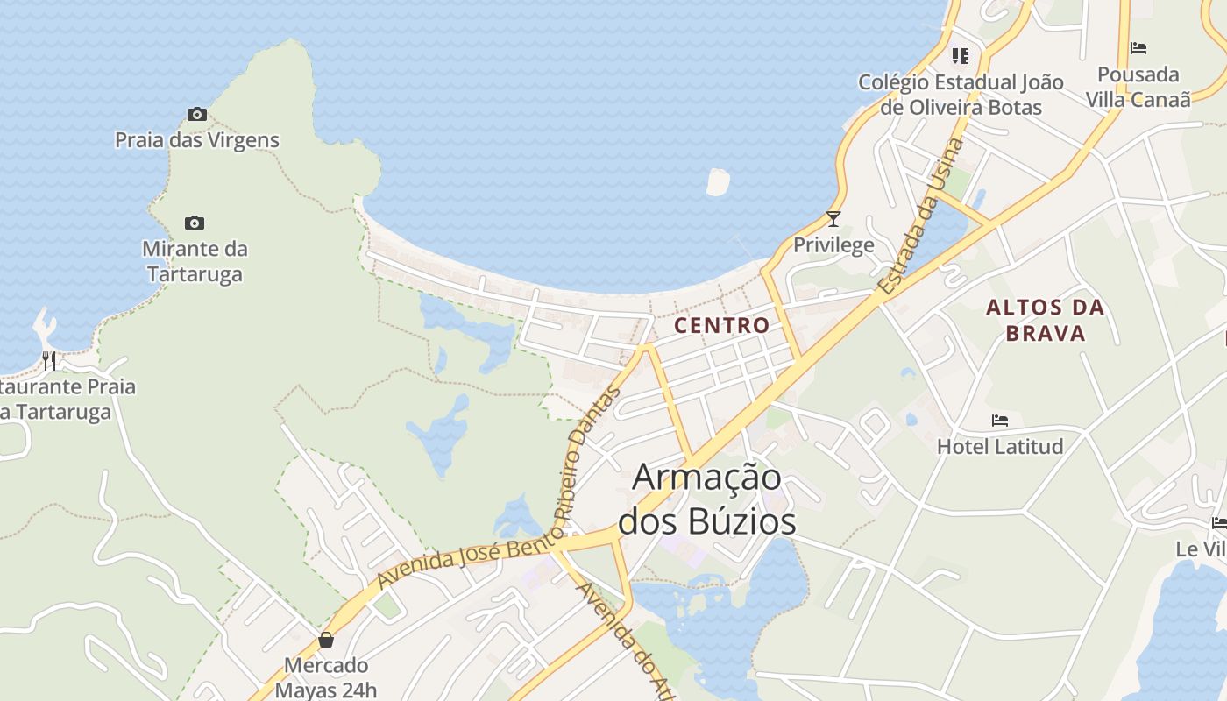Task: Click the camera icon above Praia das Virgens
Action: (x=196, y=114)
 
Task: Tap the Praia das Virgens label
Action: (x=197, y=140)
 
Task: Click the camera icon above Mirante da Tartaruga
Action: (x=195, y=223)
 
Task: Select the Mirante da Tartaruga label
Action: (x=195, y=261)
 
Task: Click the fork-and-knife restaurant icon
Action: (x=49, y=360)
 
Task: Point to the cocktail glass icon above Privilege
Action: (x=833, y=218)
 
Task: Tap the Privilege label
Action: (x=833, y=244)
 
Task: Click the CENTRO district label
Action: (x=721, y=325)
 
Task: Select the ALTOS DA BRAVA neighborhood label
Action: (x=1045, y=320)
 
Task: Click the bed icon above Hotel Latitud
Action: (x=1000, y=421)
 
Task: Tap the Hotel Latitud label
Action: (x=1000, y=447)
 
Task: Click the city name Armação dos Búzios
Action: (x=707, y=499)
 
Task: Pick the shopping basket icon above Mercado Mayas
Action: (x=326, y=640)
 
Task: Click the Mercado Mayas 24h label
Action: (x=326, y=677)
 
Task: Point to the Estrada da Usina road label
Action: (x=920, y=216)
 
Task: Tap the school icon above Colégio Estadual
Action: (x=961, y=56)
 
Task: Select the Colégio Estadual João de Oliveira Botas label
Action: (x=961, y=95)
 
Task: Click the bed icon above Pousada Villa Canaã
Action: (x=1138, y=48)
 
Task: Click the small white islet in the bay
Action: (x=718, y=181)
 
